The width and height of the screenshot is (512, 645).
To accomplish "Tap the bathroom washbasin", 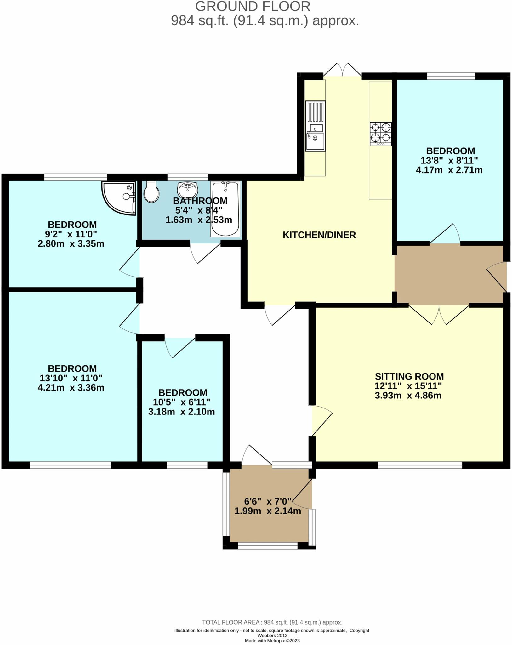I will (187, 189).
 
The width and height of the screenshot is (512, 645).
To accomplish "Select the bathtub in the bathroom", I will (225, 208).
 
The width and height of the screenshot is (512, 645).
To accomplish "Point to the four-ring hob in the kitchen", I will (381, 134).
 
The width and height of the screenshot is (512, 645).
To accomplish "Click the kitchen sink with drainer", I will (315, 126).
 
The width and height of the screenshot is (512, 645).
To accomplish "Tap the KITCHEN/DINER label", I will (319, 235).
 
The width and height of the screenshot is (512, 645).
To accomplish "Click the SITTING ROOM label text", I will (409, 376).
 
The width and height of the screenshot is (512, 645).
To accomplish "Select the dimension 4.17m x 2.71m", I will (449, 170).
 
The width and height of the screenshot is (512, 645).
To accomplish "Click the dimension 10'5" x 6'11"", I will (181, 402).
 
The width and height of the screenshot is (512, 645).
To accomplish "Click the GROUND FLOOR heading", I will (253, 6).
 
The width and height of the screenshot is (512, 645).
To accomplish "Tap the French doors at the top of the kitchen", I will (342, 70).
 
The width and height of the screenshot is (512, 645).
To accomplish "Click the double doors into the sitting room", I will (439, 315).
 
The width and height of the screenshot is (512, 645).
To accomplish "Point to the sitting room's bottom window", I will (420, 465).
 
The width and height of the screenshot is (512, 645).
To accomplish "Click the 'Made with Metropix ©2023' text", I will (272, 641).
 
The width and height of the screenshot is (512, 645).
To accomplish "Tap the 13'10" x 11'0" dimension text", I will (71, 378).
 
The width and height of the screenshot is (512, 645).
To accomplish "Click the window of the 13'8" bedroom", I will (451, 76).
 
